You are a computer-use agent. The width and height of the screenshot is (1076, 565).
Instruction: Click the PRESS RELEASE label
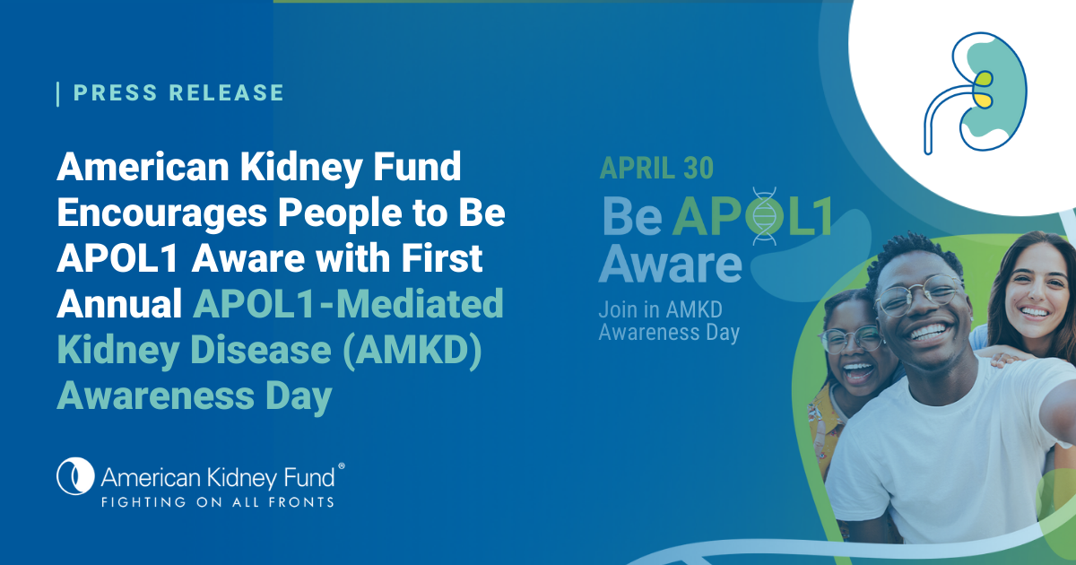coord(178,92)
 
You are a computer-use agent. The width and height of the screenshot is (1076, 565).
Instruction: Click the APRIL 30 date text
coord(657,168)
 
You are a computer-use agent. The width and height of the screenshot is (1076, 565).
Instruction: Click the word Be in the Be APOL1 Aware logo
coord(633,216)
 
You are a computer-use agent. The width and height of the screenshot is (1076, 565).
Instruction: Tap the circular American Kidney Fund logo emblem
coord(75,476)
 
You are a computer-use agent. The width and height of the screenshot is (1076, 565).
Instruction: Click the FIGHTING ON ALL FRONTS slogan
coord(217,501)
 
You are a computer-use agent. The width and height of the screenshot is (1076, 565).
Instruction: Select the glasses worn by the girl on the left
coord(851,339)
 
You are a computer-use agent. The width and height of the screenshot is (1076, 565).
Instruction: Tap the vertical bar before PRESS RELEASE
coord(58,93)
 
